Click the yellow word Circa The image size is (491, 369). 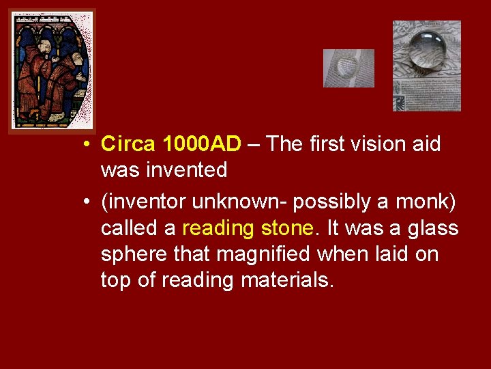coord(128,144)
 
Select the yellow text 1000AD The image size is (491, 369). coord(202,144)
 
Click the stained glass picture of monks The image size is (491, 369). coord(52,71)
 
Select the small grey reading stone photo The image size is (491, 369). coord(348,68)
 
